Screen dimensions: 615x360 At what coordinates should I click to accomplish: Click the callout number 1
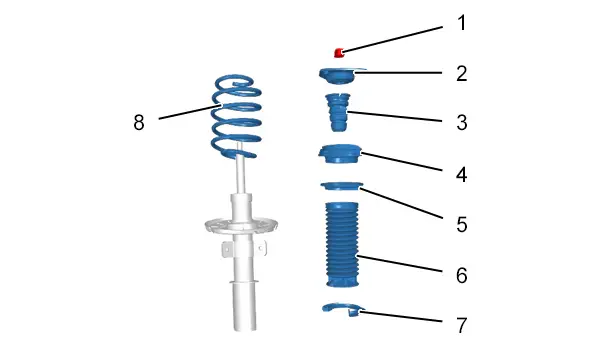pyautogui.click(x=462, y=23)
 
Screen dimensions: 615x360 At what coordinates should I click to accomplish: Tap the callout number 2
pyautogui.click(x=462, y=73)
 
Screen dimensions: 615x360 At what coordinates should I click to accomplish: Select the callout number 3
pyautogui.click(x=462, y=122)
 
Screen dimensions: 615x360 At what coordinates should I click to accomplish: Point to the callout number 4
pyautogui.click(x=462, y=175)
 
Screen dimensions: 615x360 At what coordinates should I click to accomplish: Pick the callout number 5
pyautogui.click(x=462, y=224)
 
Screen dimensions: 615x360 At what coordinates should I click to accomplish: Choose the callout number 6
pyautogui.click(x=462, y=275)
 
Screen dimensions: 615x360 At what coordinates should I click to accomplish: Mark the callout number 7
pyautogui.click(x=462, y=325)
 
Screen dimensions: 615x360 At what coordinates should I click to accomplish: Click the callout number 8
pyautogui.click(x=139, y=122)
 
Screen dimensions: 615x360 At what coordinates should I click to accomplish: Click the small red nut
pyautogui.click(x=339, y=53)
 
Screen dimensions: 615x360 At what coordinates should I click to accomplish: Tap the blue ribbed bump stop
pyautogui.click(x=337, y=112)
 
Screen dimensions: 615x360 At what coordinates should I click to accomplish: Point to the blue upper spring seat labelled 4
pyautogui.click(x=340, y=154)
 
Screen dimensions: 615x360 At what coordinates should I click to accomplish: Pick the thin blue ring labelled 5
pyautogui.click(x=340, y=186)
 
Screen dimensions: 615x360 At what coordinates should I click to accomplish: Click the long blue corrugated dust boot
pyautogui.click(x=342, y=244)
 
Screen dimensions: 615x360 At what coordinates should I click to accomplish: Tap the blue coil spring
pyautogui.click(x=237, y=116)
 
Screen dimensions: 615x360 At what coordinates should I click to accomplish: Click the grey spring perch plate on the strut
pyautogui.click(x=241, y=225)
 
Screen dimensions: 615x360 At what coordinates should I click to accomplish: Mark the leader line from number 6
pyautogui.click(x=399, y=264)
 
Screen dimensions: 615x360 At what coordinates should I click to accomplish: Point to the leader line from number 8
pyautogui.click(x=190, y=112)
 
